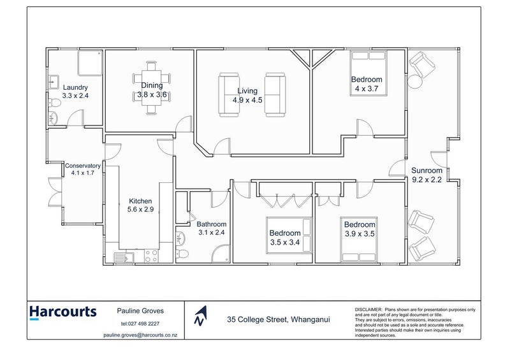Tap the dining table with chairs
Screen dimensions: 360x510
tap(150, 88)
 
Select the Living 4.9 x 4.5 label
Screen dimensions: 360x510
tap(247, 96)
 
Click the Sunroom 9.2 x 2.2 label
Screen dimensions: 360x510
tap(426, 175)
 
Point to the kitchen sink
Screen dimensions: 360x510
tap(122, 257)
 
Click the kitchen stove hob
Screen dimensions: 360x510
tap(152, 257)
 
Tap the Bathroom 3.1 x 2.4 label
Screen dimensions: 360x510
tap(211, 228)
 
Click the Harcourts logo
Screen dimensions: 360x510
tap(62, 312)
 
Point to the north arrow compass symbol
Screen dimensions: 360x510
tap(201, 315)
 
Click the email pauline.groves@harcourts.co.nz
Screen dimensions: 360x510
tap(140, 335)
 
